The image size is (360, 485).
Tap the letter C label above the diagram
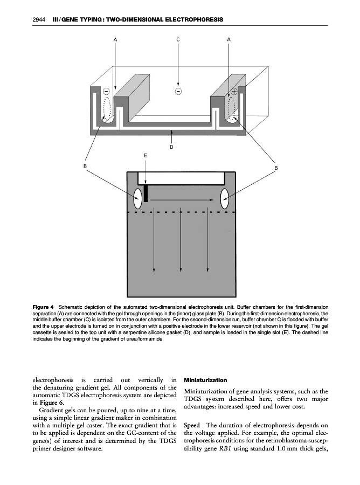tap(178, 40)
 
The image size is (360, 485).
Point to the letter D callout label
tap(171, 146)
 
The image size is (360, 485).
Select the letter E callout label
tap(145, 155)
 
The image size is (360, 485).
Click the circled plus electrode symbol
tap(234, 91)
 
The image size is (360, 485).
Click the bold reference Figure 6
tap(53, 403)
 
